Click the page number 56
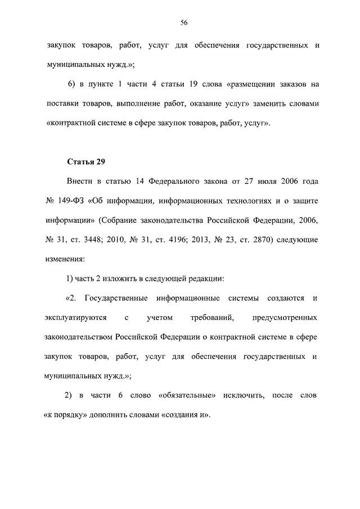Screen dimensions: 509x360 (x=183, y=22)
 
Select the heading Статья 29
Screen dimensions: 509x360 (x=87, y=162)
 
